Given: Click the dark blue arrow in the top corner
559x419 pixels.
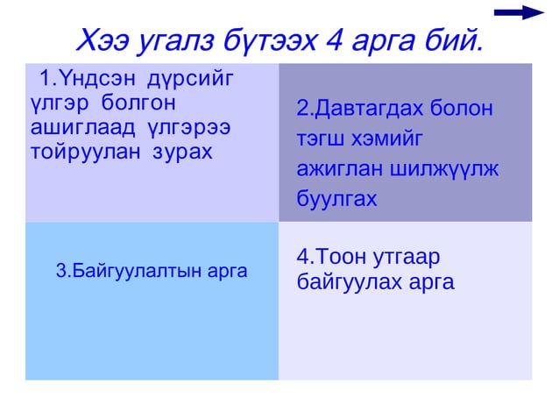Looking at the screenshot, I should click(520, 12).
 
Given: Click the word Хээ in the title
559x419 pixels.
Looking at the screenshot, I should click(103, 40).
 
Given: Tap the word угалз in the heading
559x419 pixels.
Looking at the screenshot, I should click(168, 40).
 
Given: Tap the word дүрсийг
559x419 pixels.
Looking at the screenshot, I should click(191, 82).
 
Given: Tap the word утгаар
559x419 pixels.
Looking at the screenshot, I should click(406, 257).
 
